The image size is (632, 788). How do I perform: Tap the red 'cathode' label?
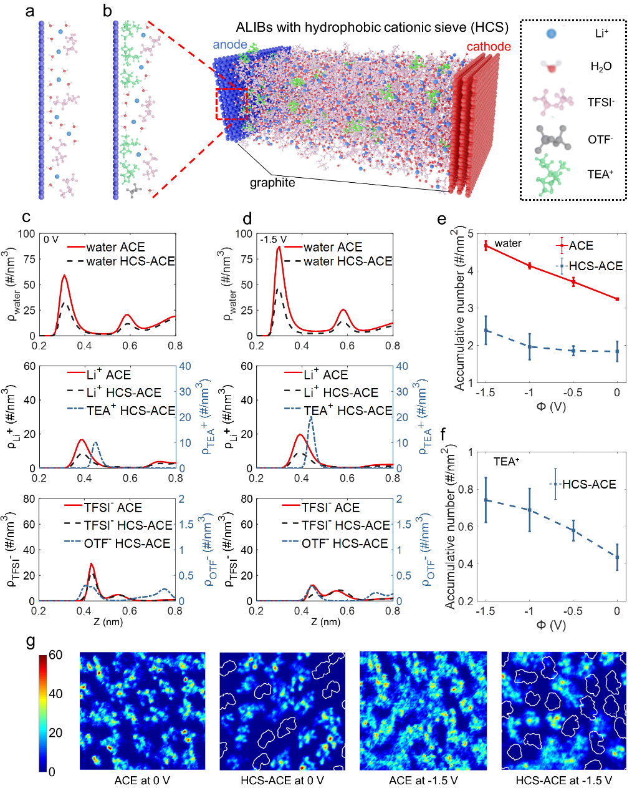pos(488,47)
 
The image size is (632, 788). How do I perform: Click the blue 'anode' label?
pos(230,45)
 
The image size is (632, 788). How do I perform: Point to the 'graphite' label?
pos(272,183)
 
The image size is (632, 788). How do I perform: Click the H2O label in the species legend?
pos(601,67)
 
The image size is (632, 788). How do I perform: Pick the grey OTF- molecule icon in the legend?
pos(552,139)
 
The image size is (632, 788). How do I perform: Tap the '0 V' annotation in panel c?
pos(51,239)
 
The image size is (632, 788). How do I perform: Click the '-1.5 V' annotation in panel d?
pos(273,239)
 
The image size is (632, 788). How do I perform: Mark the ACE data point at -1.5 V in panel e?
pos(486,245)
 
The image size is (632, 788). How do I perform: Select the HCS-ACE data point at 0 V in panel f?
pos(617,557)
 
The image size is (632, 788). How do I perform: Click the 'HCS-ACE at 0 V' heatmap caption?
pos(282,781)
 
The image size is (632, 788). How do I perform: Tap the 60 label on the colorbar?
pos(55,655)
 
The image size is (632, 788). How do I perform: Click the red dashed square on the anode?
pos(231,104)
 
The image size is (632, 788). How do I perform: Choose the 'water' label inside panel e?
pos(508,243)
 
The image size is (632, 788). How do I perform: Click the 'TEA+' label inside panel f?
pos(506,462)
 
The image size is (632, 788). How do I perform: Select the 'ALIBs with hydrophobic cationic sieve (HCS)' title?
pos(372,27)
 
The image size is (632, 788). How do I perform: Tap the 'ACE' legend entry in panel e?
pos(581,246)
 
